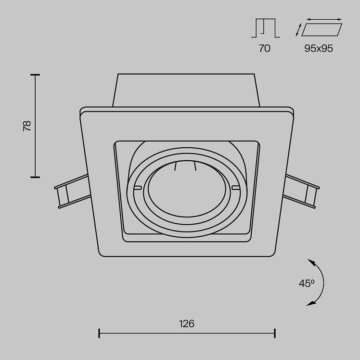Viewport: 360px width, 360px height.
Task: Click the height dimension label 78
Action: coord(27,126)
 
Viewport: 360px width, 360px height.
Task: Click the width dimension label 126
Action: coord(187,324)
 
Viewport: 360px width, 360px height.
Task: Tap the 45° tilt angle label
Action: coord(307,283)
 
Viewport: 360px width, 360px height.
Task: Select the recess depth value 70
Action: coord(265,49)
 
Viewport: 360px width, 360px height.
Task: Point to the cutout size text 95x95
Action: coord(319,49)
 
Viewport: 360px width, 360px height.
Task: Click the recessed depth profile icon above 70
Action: coord(265,28)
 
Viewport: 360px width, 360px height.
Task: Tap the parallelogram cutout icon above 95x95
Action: coord(321,30)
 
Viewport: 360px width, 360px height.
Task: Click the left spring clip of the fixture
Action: coord(71,191)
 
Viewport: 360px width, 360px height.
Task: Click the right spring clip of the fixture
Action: coord(301,192)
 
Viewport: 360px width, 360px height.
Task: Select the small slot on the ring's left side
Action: coord(138,188)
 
